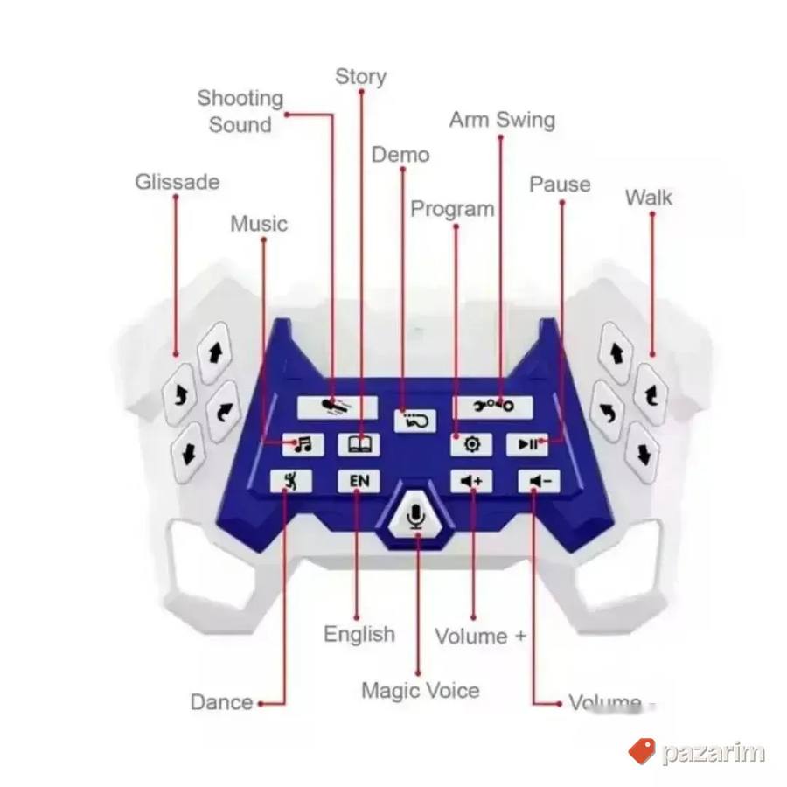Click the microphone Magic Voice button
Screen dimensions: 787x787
click(x=415, y=516)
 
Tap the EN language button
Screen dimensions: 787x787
click(x=359, y=481)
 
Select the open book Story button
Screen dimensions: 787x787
click(x=359, y=444)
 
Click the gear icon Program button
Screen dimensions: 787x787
click(x=471, y=444)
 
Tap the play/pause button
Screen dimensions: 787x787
click(x=527, y=444)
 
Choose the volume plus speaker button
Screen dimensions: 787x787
click(x=471, y=481)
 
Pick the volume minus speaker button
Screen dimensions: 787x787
click(x=539, y=481)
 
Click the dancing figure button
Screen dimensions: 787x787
click(x=290, y=481)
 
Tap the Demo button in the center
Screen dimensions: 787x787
click(x=415, y=421)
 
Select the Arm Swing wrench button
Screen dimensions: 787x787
click(x=492, y=406)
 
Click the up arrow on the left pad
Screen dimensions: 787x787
click(x=216, y=353)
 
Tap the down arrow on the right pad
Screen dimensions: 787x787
click(x=643, y=454)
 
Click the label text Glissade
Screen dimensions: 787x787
click(x=178, y=182)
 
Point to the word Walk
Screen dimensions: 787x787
click(x=649, y=198)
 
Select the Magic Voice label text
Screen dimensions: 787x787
click(x=421, y=691)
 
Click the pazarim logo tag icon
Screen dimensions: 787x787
click(x=642, y=751)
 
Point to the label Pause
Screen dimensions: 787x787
click(x=560, y=185)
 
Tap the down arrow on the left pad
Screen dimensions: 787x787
click(x=188, y=453)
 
